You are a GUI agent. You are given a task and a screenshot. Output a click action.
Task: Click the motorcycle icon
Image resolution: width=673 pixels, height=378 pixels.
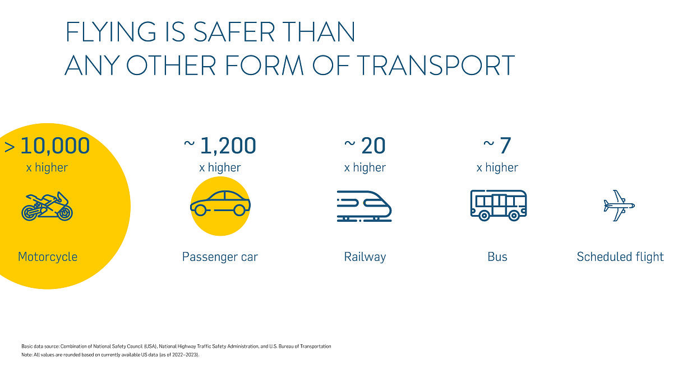tap(47, 206)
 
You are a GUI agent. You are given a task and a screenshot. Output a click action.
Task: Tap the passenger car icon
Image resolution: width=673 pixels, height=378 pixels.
tap(220, 203)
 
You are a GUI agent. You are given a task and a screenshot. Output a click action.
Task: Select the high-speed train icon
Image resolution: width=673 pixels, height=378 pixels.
tap(365, 206)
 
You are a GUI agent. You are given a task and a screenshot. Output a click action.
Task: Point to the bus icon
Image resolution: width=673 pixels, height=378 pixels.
tap(498, 204)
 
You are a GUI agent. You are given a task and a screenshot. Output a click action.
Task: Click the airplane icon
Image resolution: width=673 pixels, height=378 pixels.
tap(619, 205)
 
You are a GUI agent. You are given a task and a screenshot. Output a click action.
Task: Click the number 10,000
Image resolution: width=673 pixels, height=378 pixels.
tap(55, 146)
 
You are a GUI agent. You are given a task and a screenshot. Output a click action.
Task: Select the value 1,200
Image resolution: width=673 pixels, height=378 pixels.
tap(228, 146)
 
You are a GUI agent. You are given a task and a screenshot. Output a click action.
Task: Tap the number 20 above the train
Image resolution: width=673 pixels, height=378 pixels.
tap(373, 146)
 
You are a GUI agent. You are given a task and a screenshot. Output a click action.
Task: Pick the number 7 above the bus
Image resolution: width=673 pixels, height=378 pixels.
tap(505, 146)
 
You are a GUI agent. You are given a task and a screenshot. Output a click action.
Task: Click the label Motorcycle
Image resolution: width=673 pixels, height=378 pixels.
tap(48, 257)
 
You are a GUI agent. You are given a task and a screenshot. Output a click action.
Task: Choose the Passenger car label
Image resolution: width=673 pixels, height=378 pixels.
tap(220, 257)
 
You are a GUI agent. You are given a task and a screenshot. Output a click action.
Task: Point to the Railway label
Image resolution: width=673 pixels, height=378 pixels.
tap(365, 257)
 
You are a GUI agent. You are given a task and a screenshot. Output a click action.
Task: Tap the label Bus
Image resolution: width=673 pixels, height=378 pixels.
tap(497, 257)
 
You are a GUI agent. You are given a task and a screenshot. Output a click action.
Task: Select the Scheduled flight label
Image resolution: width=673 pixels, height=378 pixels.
tap(620, 257)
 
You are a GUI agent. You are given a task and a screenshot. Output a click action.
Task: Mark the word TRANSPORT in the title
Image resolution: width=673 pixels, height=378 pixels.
tap(436, 66)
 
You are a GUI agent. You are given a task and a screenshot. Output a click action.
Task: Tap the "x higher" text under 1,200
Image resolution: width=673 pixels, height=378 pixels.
tap(220, 167)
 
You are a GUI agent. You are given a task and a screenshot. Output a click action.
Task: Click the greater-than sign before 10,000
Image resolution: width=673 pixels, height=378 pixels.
tap(10, 147)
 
